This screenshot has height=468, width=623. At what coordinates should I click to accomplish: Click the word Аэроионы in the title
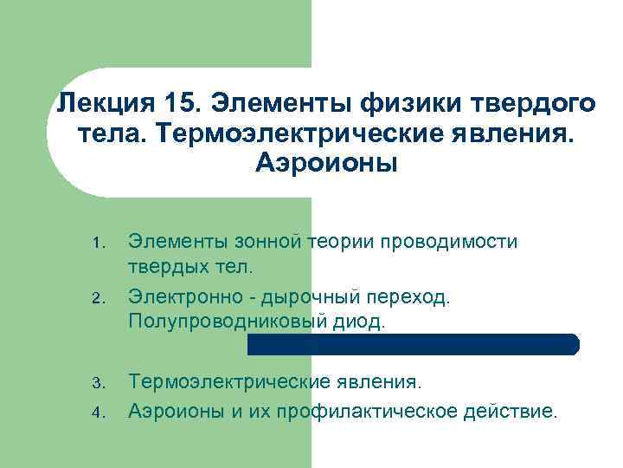326,163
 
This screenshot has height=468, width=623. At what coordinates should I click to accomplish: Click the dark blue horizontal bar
414,344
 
